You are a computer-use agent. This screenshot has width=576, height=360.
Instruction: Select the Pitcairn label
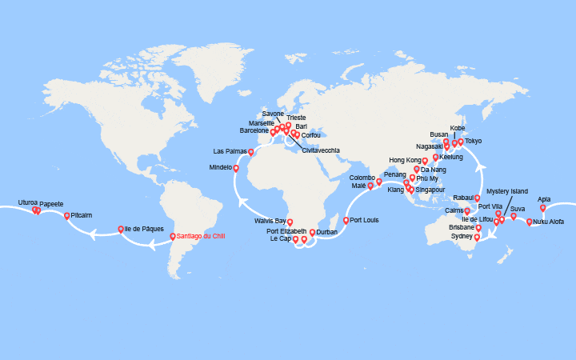coord(82,215)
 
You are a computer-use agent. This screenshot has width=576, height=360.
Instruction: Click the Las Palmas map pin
coord(251,152)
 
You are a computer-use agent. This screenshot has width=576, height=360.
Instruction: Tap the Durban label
coord(326,232)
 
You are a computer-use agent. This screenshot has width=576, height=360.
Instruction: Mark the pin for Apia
coord(543,208)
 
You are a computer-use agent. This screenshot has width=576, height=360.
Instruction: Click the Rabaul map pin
coord(478,198)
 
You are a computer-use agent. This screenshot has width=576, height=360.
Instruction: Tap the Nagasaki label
coord(430,146)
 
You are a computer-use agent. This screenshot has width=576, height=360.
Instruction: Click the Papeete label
coord(52,204)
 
